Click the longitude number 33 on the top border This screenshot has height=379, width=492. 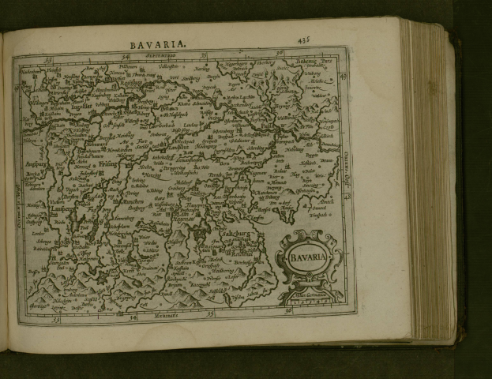[49, 57]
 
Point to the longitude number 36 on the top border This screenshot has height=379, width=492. [280, 54]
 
